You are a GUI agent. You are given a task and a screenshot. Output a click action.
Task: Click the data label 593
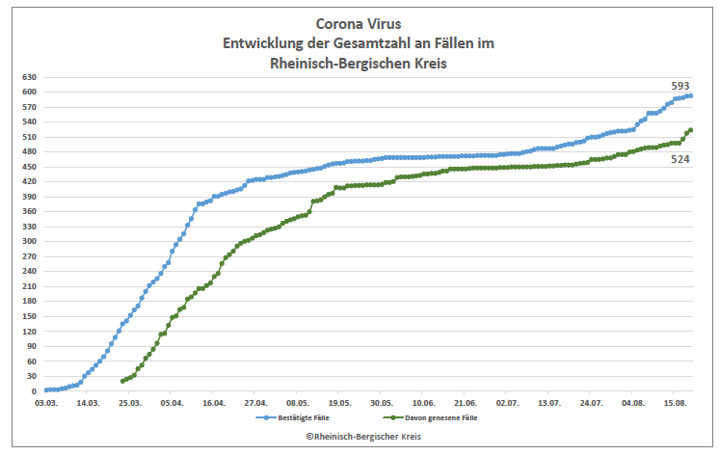coord(679,86)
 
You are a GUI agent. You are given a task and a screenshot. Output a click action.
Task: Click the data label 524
coord(679,159)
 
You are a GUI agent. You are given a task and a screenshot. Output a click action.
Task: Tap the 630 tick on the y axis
coord(29,77)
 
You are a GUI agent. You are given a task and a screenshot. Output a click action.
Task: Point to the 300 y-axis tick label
coord(29,241)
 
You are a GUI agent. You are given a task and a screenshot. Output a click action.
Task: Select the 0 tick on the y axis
coord(34,391)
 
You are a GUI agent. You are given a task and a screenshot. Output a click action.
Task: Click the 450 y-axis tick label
coord(29,167)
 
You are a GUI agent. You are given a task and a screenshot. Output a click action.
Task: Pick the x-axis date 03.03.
coord(45,404)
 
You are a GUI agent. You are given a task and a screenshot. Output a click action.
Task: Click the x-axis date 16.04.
coord(214,404)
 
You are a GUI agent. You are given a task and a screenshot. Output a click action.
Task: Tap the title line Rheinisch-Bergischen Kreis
coord(359,64)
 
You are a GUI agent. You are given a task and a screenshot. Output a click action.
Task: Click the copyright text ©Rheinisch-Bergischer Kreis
coord(359,437)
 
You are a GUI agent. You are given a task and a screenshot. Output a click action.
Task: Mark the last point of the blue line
coord(691,95)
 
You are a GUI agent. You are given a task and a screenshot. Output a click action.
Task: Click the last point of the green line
coord(691,130)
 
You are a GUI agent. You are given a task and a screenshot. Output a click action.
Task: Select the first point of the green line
coord(122,381)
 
